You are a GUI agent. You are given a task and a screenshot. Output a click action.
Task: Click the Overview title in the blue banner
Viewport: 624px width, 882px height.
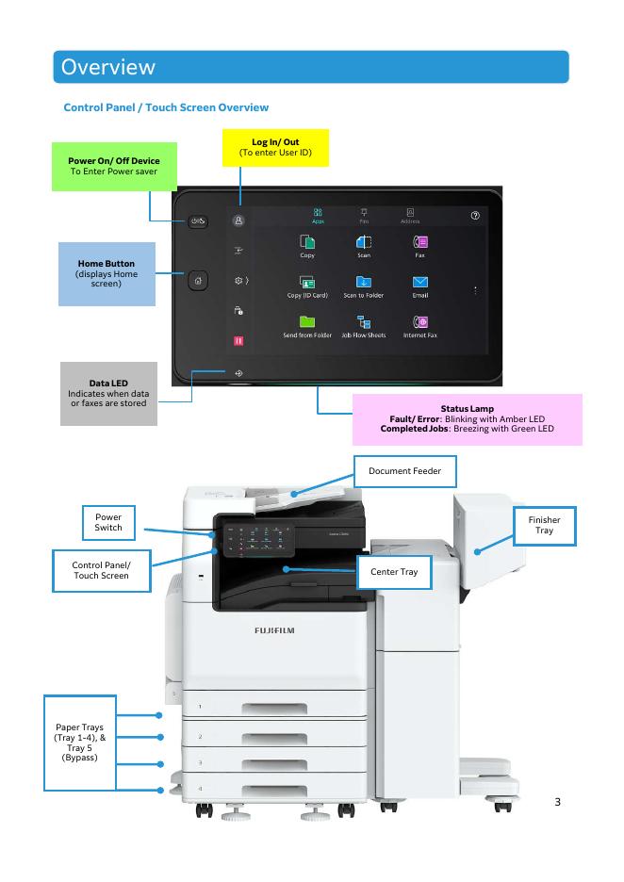point(107,67)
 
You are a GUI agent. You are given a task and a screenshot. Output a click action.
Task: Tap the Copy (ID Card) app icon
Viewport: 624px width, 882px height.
point(306,281)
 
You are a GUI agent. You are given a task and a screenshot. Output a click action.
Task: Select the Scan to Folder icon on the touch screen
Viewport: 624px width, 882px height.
point(364,281)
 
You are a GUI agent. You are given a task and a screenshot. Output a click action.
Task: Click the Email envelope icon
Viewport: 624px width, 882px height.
point(420,281)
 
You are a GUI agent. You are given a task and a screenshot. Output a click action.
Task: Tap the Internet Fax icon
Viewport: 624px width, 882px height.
point(420,320)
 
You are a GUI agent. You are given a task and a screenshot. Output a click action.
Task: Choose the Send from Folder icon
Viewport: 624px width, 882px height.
point(306,320)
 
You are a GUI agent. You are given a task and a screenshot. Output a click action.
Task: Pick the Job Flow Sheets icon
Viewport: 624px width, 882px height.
point(364,320)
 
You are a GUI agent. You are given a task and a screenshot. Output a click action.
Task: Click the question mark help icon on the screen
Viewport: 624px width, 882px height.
point(475,216)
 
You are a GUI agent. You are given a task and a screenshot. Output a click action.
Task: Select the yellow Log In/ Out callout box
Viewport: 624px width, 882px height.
point(275,147)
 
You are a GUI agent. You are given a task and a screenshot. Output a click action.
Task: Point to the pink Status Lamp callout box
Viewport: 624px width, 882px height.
point(467,419)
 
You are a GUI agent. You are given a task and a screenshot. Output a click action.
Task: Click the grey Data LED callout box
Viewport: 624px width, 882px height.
point(107,393)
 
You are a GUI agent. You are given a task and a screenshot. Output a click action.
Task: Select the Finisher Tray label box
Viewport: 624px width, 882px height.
point(544,526)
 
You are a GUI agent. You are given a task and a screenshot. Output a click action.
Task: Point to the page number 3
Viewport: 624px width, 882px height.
point(557,802)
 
